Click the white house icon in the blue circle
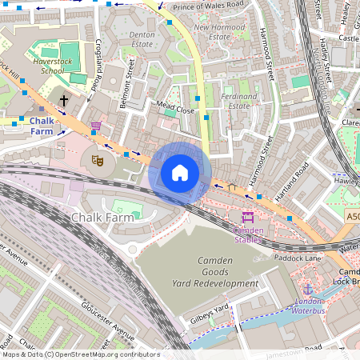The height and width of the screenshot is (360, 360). pos(180,173)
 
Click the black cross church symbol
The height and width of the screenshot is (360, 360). pos(64,100)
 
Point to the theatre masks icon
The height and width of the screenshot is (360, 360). pos(98,160)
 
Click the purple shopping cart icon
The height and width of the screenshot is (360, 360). pos(96,126)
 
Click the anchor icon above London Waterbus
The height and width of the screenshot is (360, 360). pos(308,288)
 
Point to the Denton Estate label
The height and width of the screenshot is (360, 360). pos(142,40)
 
